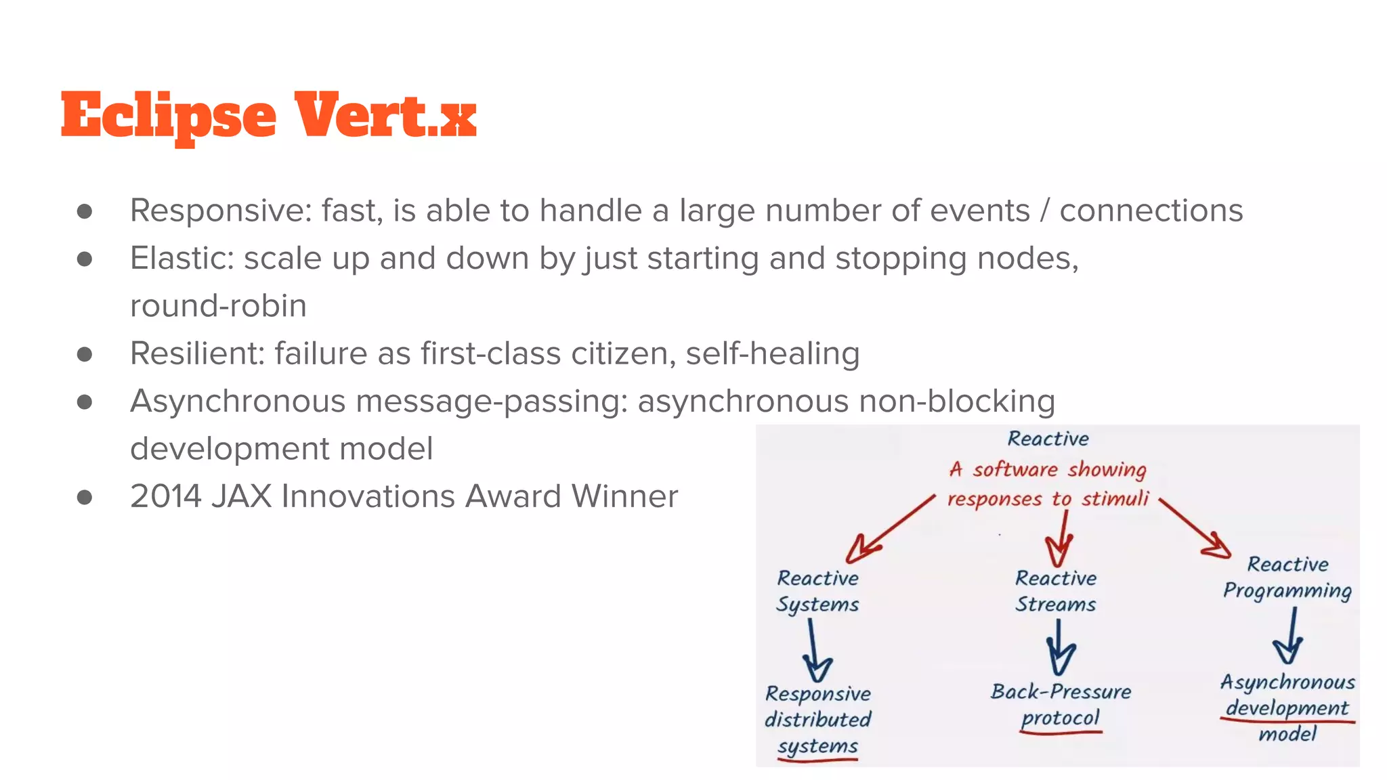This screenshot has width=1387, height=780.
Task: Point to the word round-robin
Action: click(218, 306)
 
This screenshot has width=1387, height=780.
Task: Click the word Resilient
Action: click(196, 354)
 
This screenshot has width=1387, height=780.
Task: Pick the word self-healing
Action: click(773, 354)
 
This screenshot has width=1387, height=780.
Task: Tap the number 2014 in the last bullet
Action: click(166, 496)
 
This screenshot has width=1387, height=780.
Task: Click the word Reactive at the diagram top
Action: click(1048, 439)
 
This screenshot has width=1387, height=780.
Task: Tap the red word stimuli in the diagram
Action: click(1115, 499)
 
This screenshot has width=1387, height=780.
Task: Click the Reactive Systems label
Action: click(817, 591)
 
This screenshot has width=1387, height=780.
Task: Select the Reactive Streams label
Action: click(1055, 591)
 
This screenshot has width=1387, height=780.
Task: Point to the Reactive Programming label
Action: click(1287, 578)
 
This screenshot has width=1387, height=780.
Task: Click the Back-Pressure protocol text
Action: click(1061, 704)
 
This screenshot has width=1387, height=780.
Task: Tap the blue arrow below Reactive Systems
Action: click(815, 652)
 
